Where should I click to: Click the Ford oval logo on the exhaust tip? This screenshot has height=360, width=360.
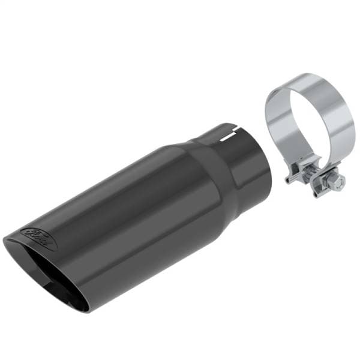click(40, 238)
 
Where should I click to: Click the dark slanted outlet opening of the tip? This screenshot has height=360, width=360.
click(54, 276)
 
